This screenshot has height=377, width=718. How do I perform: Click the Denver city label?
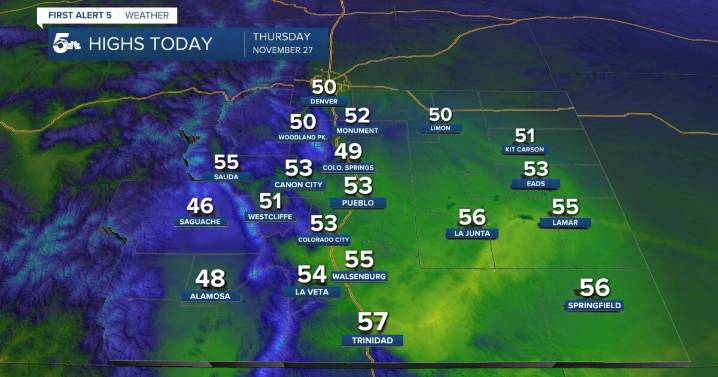coord(325,102)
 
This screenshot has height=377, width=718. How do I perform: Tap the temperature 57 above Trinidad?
coord(373,322)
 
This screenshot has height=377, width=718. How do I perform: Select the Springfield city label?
coord(593,305)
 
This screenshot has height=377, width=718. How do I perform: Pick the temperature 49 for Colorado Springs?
coord(348,152)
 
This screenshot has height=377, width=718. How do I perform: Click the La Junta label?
coord(470,234)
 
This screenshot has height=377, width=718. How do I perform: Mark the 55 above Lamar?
coord(565,207)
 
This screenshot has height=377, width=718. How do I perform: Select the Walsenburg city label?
coord(358,276)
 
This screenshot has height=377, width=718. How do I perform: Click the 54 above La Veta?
coord(313,274)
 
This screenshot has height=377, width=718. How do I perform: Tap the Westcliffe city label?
coord(270,215)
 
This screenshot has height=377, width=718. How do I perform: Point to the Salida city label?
coord(226,176)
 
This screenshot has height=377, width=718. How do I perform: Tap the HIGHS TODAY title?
coord(150,44)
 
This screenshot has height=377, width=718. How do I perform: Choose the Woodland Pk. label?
coord(303,135)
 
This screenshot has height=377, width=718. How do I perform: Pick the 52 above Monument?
coord(357,116)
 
